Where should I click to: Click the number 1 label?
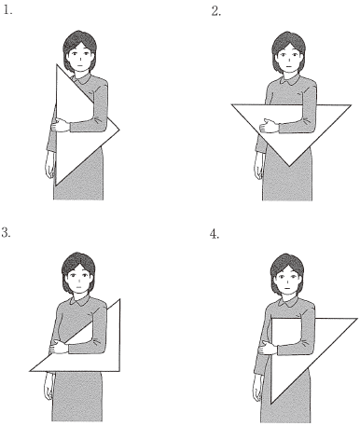click(x=7, y=11)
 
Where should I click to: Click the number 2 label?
click(x=215, y=11)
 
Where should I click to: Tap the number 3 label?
click(x=7, y=232)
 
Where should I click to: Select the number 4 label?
click(x=215, y=234)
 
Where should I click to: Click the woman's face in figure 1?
click(x=80, y=57)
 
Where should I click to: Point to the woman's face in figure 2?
click(x=289, y=58)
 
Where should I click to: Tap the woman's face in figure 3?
click(x=78, y=279)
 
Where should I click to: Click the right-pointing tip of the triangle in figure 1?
click(x=119, y=131)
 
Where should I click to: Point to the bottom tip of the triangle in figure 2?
click(x=289, y=166)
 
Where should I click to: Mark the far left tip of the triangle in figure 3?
click(x=30, y=371)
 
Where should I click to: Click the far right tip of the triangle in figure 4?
click(x=357, y=319)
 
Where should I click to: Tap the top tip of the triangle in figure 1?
click(x=57, y=64)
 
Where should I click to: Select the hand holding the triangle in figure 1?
click(x=61, y=126)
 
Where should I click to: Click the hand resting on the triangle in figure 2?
click(x=270, y=126)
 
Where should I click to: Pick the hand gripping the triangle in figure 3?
click(x=59, y=347)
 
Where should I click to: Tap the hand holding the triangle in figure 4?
click(x=268, y=348)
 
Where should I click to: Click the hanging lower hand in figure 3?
click(x=48, y=386)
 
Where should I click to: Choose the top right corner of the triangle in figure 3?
click(x=119, y=299)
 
